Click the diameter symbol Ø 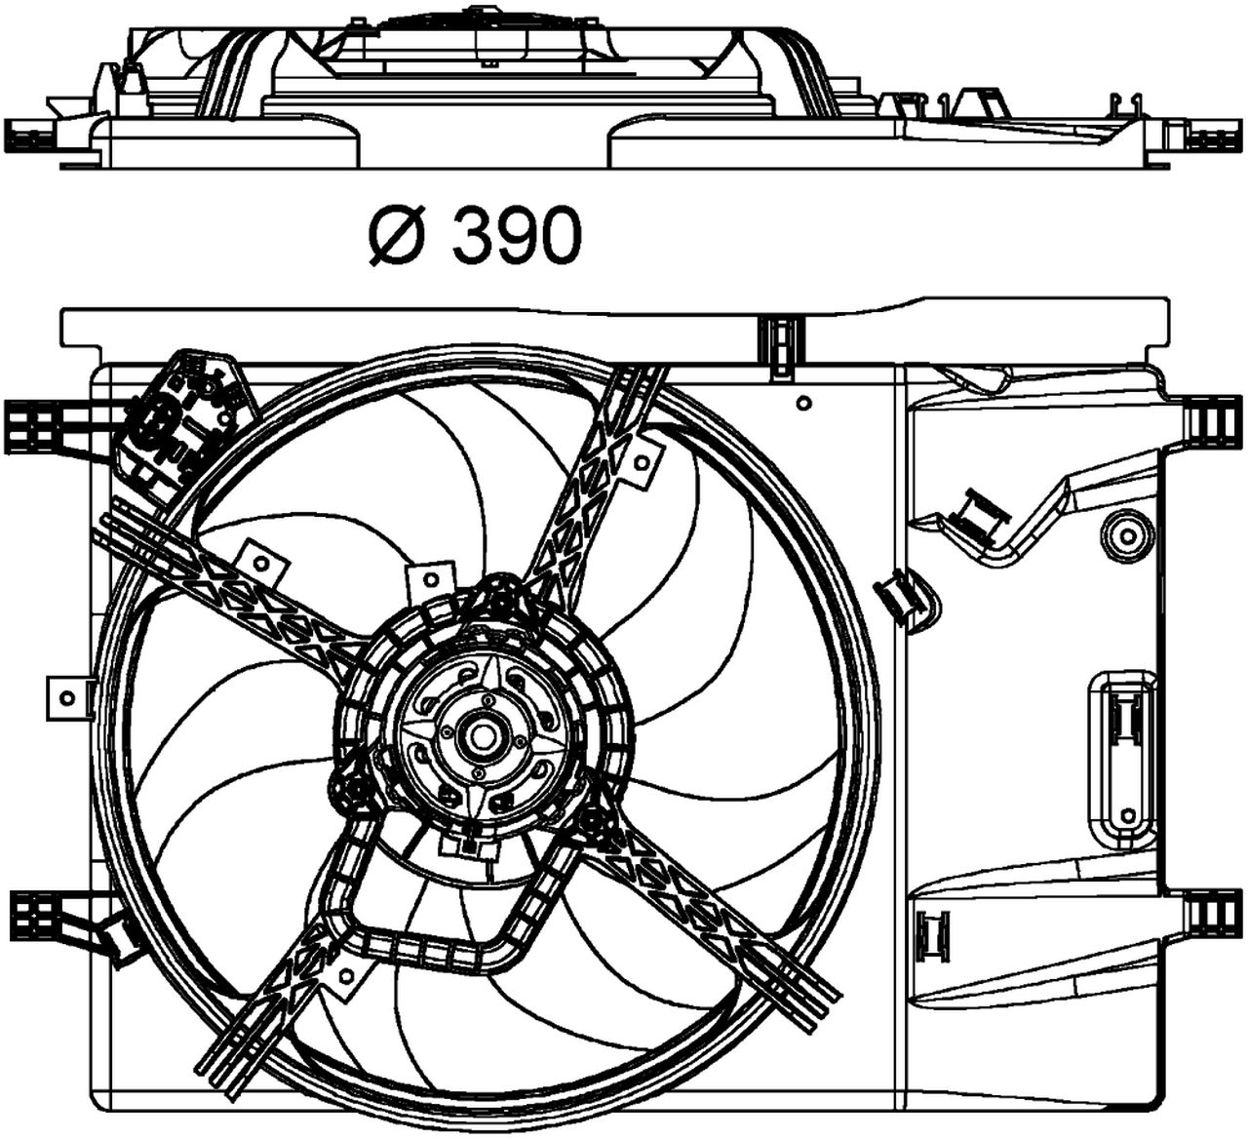pyautogui.click(x=395, y=237)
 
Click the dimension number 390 pyautogui.click(x=517, y=237)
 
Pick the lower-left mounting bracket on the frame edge pyautogui.click(x=37, y=914)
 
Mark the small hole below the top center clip pyautogui.click(x=802, y=403)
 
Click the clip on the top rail pyautogui.click(x=779, y=346)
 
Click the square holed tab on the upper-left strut pyautogui.click(x=262, y=563)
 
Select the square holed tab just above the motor pyautogui.click(x=431, y=580)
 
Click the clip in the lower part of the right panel pyautogui.click(x=934, y=932)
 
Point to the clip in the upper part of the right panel pyautogui.click(x=978, y=514)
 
